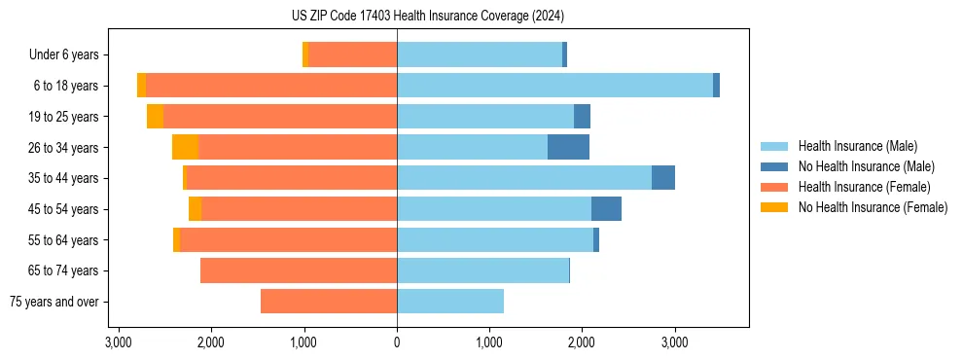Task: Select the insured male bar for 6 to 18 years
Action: (554, 86)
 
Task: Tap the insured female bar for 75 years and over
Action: (329, 302)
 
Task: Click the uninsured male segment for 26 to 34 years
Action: (568, 147)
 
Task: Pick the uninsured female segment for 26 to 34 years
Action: (186, 147)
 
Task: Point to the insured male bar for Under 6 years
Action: (480, 54)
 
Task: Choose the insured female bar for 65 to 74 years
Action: (299, 270)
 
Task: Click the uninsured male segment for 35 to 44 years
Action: (663, 178)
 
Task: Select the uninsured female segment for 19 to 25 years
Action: (155, 117)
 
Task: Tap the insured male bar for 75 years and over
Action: (450, 302)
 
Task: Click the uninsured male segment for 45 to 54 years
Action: (606, 209)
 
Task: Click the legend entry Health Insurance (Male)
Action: (857, 146)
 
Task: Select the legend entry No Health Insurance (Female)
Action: (873, 207)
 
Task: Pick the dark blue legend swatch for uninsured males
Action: (773, 166)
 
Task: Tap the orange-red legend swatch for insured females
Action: (773, 187)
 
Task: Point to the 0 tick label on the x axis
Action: (397, 342)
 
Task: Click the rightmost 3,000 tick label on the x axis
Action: (674, 342)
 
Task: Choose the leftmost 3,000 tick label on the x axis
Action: (119, 342)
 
